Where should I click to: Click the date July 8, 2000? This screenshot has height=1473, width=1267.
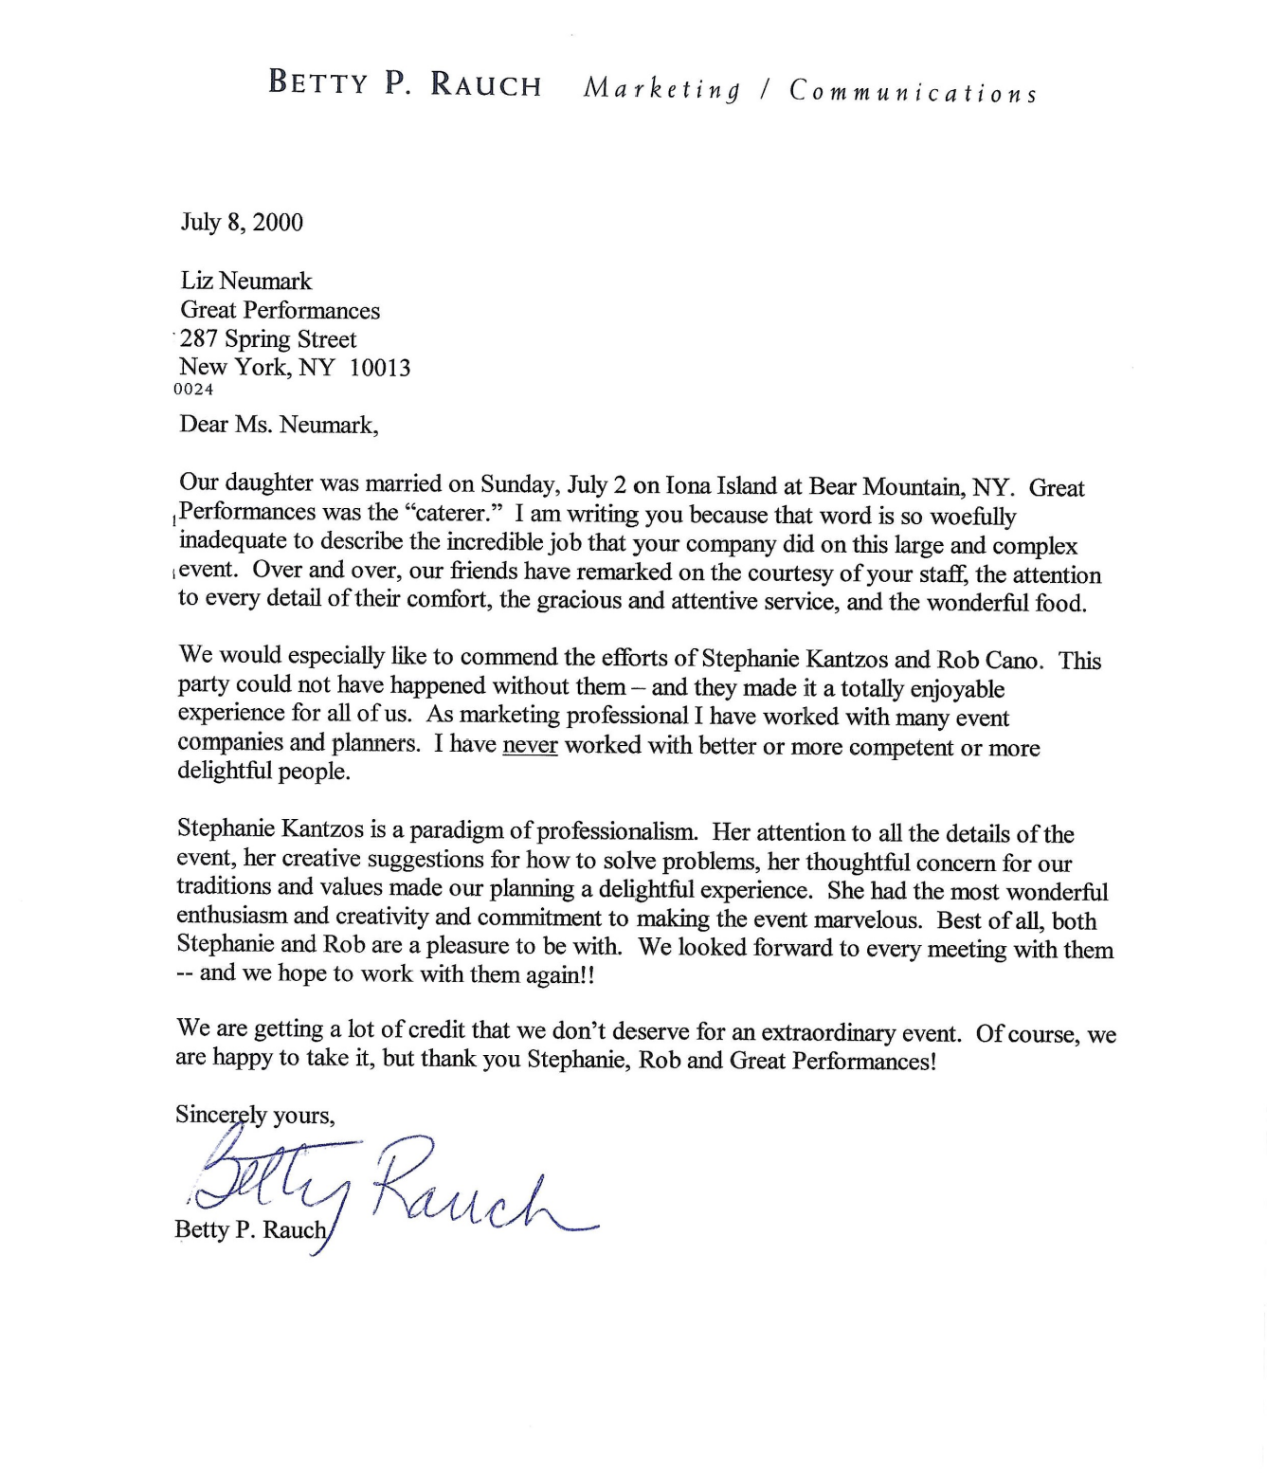242,223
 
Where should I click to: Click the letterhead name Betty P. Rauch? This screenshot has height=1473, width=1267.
405,84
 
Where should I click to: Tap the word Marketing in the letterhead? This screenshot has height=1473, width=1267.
661,90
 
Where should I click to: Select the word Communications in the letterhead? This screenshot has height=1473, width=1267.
914,92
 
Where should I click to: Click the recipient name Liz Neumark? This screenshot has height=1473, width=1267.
245,282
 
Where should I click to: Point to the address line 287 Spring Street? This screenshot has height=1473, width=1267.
268,339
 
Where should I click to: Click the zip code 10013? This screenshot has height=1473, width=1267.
379,368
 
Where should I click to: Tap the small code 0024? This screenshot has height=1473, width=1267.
194,390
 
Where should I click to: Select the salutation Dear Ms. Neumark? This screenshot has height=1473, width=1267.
279,425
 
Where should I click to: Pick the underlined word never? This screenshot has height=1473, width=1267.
530,745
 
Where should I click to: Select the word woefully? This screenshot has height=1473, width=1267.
973,517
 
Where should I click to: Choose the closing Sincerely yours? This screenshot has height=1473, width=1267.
255,1115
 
